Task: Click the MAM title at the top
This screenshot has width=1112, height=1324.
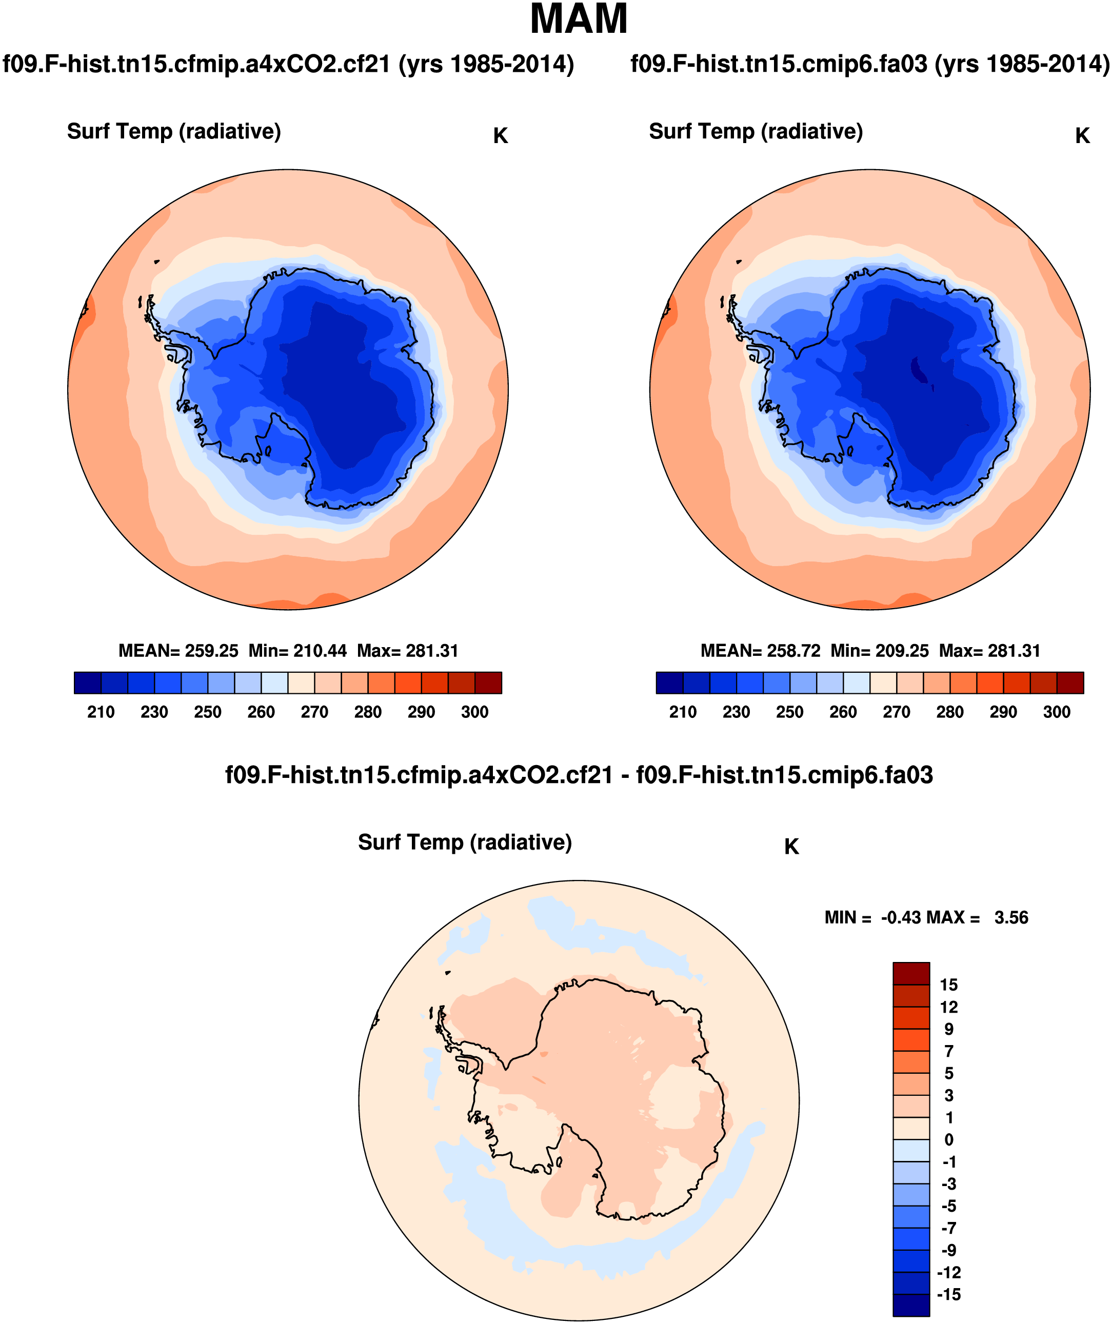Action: pos(579,19)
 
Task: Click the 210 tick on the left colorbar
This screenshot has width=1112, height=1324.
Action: pos(101,712)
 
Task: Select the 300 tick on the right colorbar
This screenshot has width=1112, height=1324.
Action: pos(1057,712)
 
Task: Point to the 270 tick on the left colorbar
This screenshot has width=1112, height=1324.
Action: pos(314,712)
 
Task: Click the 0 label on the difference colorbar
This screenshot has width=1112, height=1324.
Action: pos(949,1139)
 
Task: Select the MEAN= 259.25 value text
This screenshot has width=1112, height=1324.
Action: pos(178,651)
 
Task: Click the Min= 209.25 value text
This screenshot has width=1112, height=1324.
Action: pos(879,651)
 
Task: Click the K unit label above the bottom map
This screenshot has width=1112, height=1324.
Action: pos(791,847)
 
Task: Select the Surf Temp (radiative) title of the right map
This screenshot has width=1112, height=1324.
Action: pos(756,131)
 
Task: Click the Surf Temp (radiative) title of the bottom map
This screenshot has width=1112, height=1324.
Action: pos(465,842)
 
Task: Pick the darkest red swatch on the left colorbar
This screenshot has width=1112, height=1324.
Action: pos(488,683)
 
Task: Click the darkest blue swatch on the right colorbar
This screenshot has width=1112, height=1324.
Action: pos(669,683)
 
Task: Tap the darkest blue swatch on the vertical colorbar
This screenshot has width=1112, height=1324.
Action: pos(911,1305)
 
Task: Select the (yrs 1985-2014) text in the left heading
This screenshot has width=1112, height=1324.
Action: pos(486,64)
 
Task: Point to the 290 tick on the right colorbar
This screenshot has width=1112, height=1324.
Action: pos(1003,712)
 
